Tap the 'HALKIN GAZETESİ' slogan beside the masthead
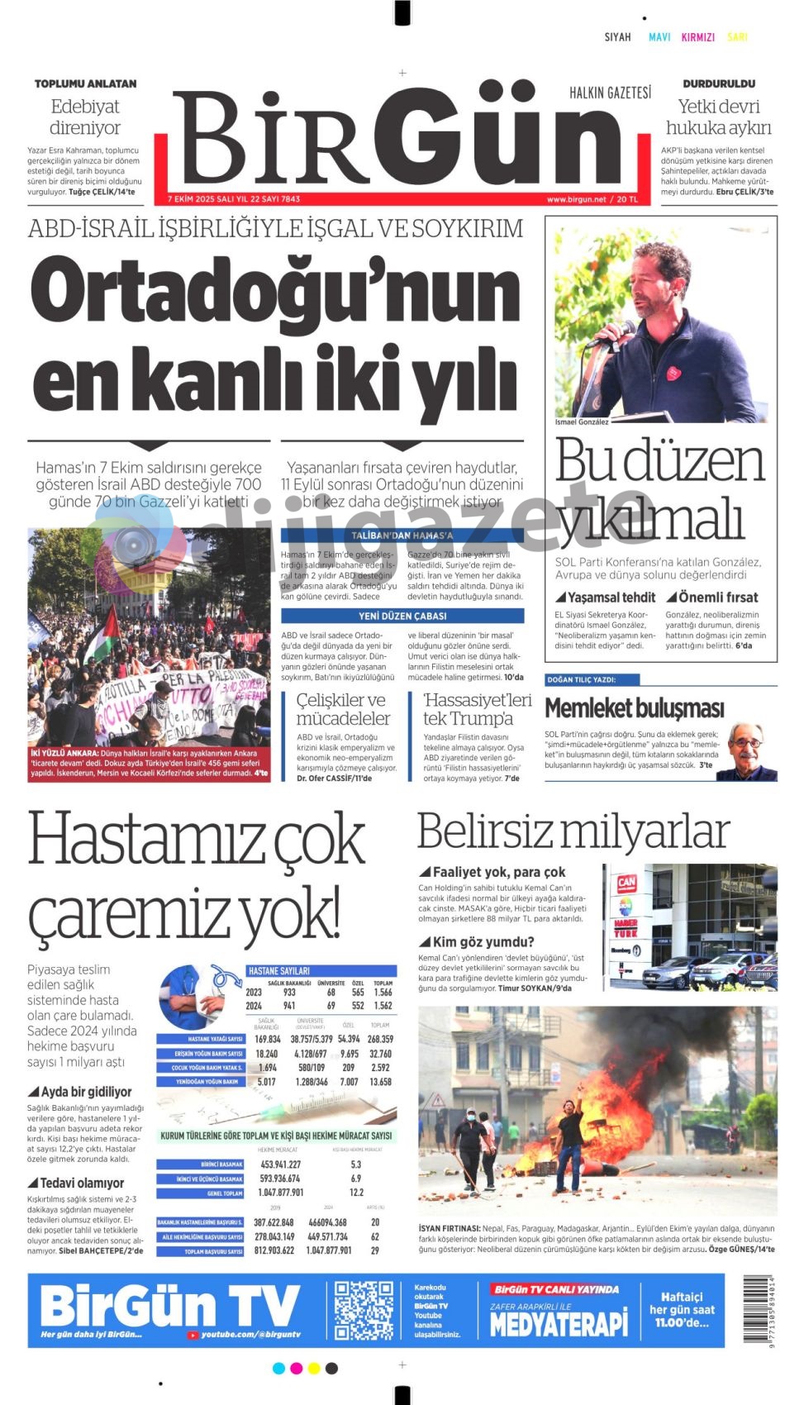click(610, 93)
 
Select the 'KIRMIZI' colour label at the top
click(697, 37)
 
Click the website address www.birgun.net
click(576, 199)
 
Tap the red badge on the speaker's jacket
click(673, 374)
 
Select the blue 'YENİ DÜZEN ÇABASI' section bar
click(402, 616)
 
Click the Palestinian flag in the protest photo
click(107, 632)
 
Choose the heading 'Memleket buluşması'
click(634, 708)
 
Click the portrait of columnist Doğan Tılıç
click(749, 750)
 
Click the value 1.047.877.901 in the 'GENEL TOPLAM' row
click(281, 1193)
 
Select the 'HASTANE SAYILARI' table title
click(278, 971)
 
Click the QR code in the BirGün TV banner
click(364, 1311)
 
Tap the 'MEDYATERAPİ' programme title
click(559, 1324)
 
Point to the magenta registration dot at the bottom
click(296, 1369)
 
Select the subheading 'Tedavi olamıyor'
click(82, 1183)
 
